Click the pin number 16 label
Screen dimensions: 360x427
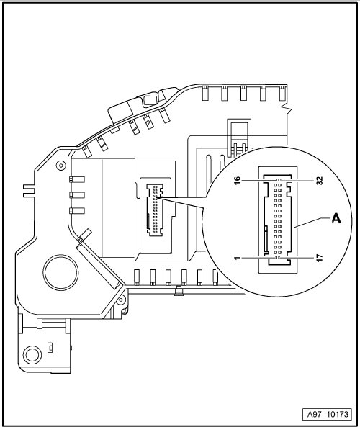click(237, 180)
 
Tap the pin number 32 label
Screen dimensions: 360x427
click(320, 181)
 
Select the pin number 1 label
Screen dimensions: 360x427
click(238, 258)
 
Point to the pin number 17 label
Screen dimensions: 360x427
click(320, 258)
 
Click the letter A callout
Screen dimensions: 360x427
click(336, 218)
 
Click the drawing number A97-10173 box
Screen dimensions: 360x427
click(328, 415)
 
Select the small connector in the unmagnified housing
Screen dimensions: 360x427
click(155, 210)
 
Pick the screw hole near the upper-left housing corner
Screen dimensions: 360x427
click(60, 165)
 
